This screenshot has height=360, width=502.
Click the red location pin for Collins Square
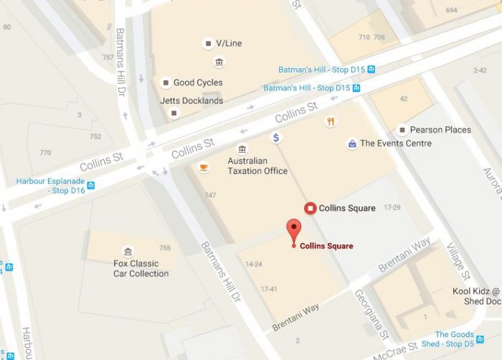point(293,232)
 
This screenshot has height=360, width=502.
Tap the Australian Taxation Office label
point(257,166)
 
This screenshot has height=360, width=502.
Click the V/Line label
point(229,44)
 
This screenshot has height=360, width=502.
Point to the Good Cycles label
point(198,82)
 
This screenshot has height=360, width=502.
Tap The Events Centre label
point(396,143)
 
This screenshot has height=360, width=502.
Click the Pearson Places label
point(440,130)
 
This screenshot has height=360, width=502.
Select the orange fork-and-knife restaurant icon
point(330,121)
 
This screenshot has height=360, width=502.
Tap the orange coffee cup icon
point(204,168)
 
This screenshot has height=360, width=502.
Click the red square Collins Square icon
point(311,208)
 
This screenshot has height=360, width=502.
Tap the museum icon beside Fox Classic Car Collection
point(127,251)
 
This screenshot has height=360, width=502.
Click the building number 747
point(209,195)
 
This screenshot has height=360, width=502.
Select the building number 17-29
point(391,207)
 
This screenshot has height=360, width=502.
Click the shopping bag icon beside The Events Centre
point(351,143)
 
